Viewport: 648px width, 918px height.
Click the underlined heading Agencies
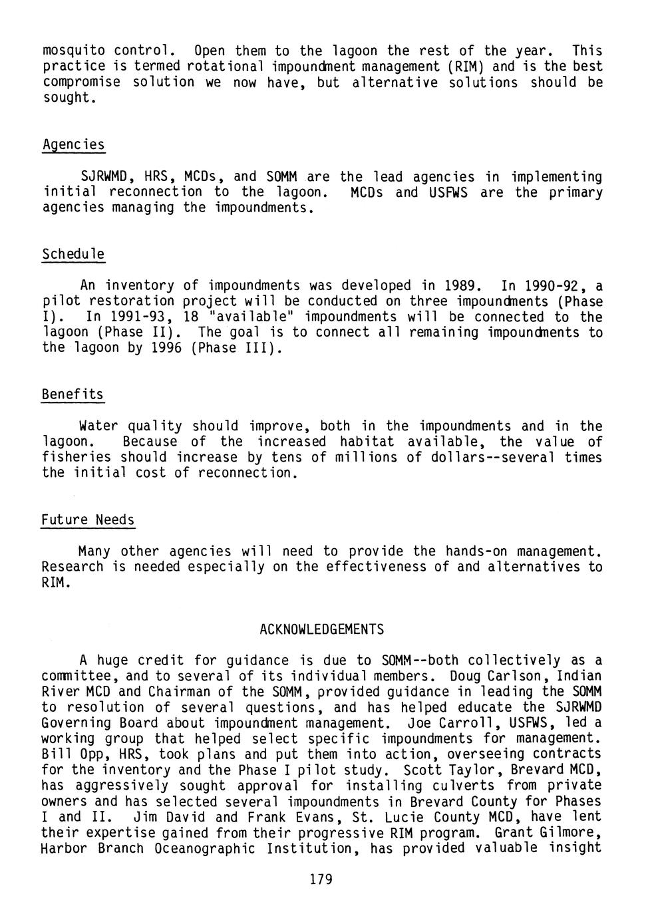coord(73,145)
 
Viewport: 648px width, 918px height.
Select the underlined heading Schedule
coord(73,255)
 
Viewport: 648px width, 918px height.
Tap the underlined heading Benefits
coord(73,394)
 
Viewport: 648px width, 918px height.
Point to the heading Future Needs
coord(88,520)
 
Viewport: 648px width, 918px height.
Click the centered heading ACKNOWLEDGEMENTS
coord(321,629)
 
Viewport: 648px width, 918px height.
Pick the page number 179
coord(321,880)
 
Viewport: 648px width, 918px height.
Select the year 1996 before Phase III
coord(162,349)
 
